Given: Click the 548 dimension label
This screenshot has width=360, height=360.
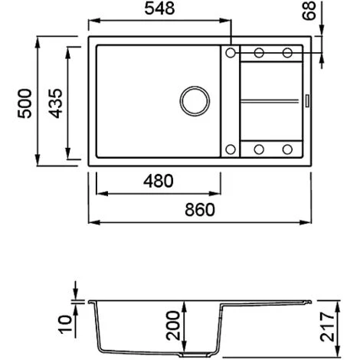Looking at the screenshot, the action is pyautogui.click(x=159, y=8).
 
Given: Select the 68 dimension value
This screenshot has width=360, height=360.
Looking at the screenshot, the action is pyautogui.click(x=309, y=11).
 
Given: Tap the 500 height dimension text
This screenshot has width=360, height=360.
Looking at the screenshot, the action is pyautogui.click(x=25, y=103).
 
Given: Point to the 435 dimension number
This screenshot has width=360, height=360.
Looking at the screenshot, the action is pyautogui.click(x=55, y=103).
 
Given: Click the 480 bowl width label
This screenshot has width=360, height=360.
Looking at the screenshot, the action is pyautogui.click(x=159, y=181).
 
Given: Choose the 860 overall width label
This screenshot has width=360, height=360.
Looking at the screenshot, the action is pyautogui.click(x=200, y=210).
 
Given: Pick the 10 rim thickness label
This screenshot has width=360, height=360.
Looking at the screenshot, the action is pyautogui.click(x=65, y=324).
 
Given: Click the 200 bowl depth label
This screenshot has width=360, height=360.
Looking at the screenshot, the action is pyautogui.click(x=173, y=326).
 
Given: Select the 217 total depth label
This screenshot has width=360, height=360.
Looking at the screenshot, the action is pyautogui.click(x=327, y=326).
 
